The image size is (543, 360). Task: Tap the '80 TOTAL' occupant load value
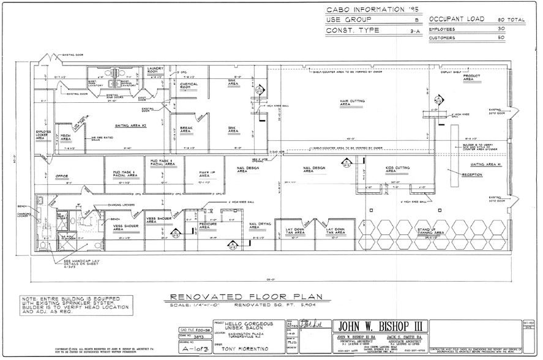coord(511,20)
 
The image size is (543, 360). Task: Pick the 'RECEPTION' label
coord(472,175)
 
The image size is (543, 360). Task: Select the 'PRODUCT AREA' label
coord(471,77)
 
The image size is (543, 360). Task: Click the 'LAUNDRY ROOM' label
coord(152,72)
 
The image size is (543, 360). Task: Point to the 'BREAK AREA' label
coord(186,130)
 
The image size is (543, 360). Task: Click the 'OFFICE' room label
coord(62,176)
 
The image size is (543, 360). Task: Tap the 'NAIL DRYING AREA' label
coord(260,226)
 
